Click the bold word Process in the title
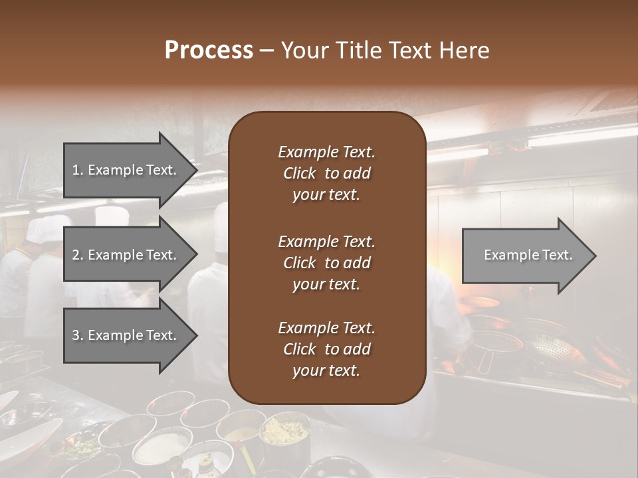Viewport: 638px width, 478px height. point(209,50)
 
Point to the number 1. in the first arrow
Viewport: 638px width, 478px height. point(77,170)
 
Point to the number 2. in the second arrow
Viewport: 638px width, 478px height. point(77,255)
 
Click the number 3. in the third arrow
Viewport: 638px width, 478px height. point(77,335)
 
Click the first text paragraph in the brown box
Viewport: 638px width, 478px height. point(326,173)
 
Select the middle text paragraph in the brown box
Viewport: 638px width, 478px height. point(326,262)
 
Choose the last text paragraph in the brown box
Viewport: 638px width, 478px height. point(326,349)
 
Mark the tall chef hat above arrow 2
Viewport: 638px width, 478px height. point(111,215)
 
